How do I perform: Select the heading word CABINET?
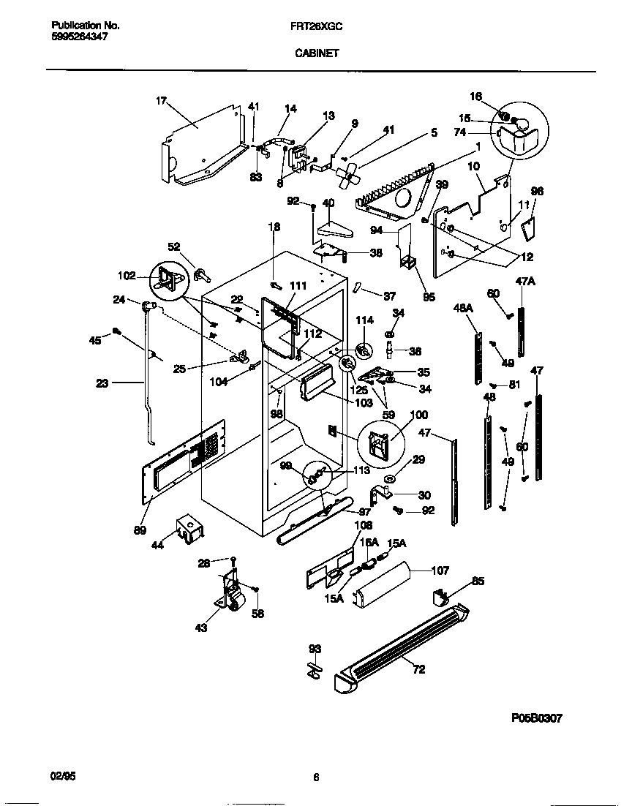[316, 53]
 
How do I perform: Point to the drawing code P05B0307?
[536, 719]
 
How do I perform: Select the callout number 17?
[161, 101]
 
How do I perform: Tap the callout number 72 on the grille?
[418, 669]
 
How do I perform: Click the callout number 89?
[139, 530]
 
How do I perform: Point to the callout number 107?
[440, 570]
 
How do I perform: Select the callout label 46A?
[463, 309]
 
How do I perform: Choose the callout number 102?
[127, 276]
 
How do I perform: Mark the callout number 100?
[418, 415]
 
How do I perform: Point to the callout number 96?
[538, 192]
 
